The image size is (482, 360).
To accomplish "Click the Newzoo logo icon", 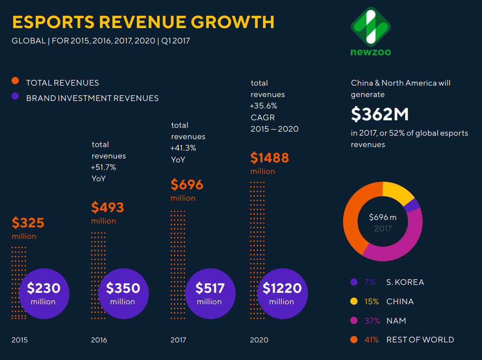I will pyautogui.click(x=370, y=26).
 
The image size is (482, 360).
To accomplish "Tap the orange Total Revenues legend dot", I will pyautogui.click(x=15, y=81).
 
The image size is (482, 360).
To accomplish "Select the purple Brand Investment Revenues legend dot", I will pyautogui.click(x=15, y=96).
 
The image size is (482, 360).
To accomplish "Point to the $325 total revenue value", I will pyautogui.click(x=28, y=223).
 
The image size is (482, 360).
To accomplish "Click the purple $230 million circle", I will pyautogui.click(x=43, y=293).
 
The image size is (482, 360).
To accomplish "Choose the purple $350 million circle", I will pyautogui.click(x=123, y=293).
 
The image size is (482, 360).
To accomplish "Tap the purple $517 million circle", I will pyautogui.click(x=210, y=293).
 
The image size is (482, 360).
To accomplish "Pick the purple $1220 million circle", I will pyautogui.click(x=282, y=293).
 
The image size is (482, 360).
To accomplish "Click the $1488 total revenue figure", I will pyautogui.click(x=270, y=158).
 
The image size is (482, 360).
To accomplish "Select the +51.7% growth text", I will pyautogui.click(x=104, y=167).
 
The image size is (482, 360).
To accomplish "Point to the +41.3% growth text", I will pyautogui.click(x=183, y=148).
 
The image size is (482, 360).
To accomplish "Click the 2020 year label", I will pyautogui.click(x=259, y=340).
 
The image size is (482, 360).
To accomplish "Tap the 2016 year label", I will pyautogui.click(x=99, y=340).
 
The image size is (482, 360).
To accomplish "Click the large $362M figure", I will pyautogui.click(x=380, y=114).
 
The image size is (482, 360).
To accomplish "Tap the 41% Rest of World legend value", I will pyautogui.click(x=371, y=340).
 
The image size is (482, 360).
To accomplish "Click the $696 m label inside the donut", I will pyautogui.click(x=382, y=217).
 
